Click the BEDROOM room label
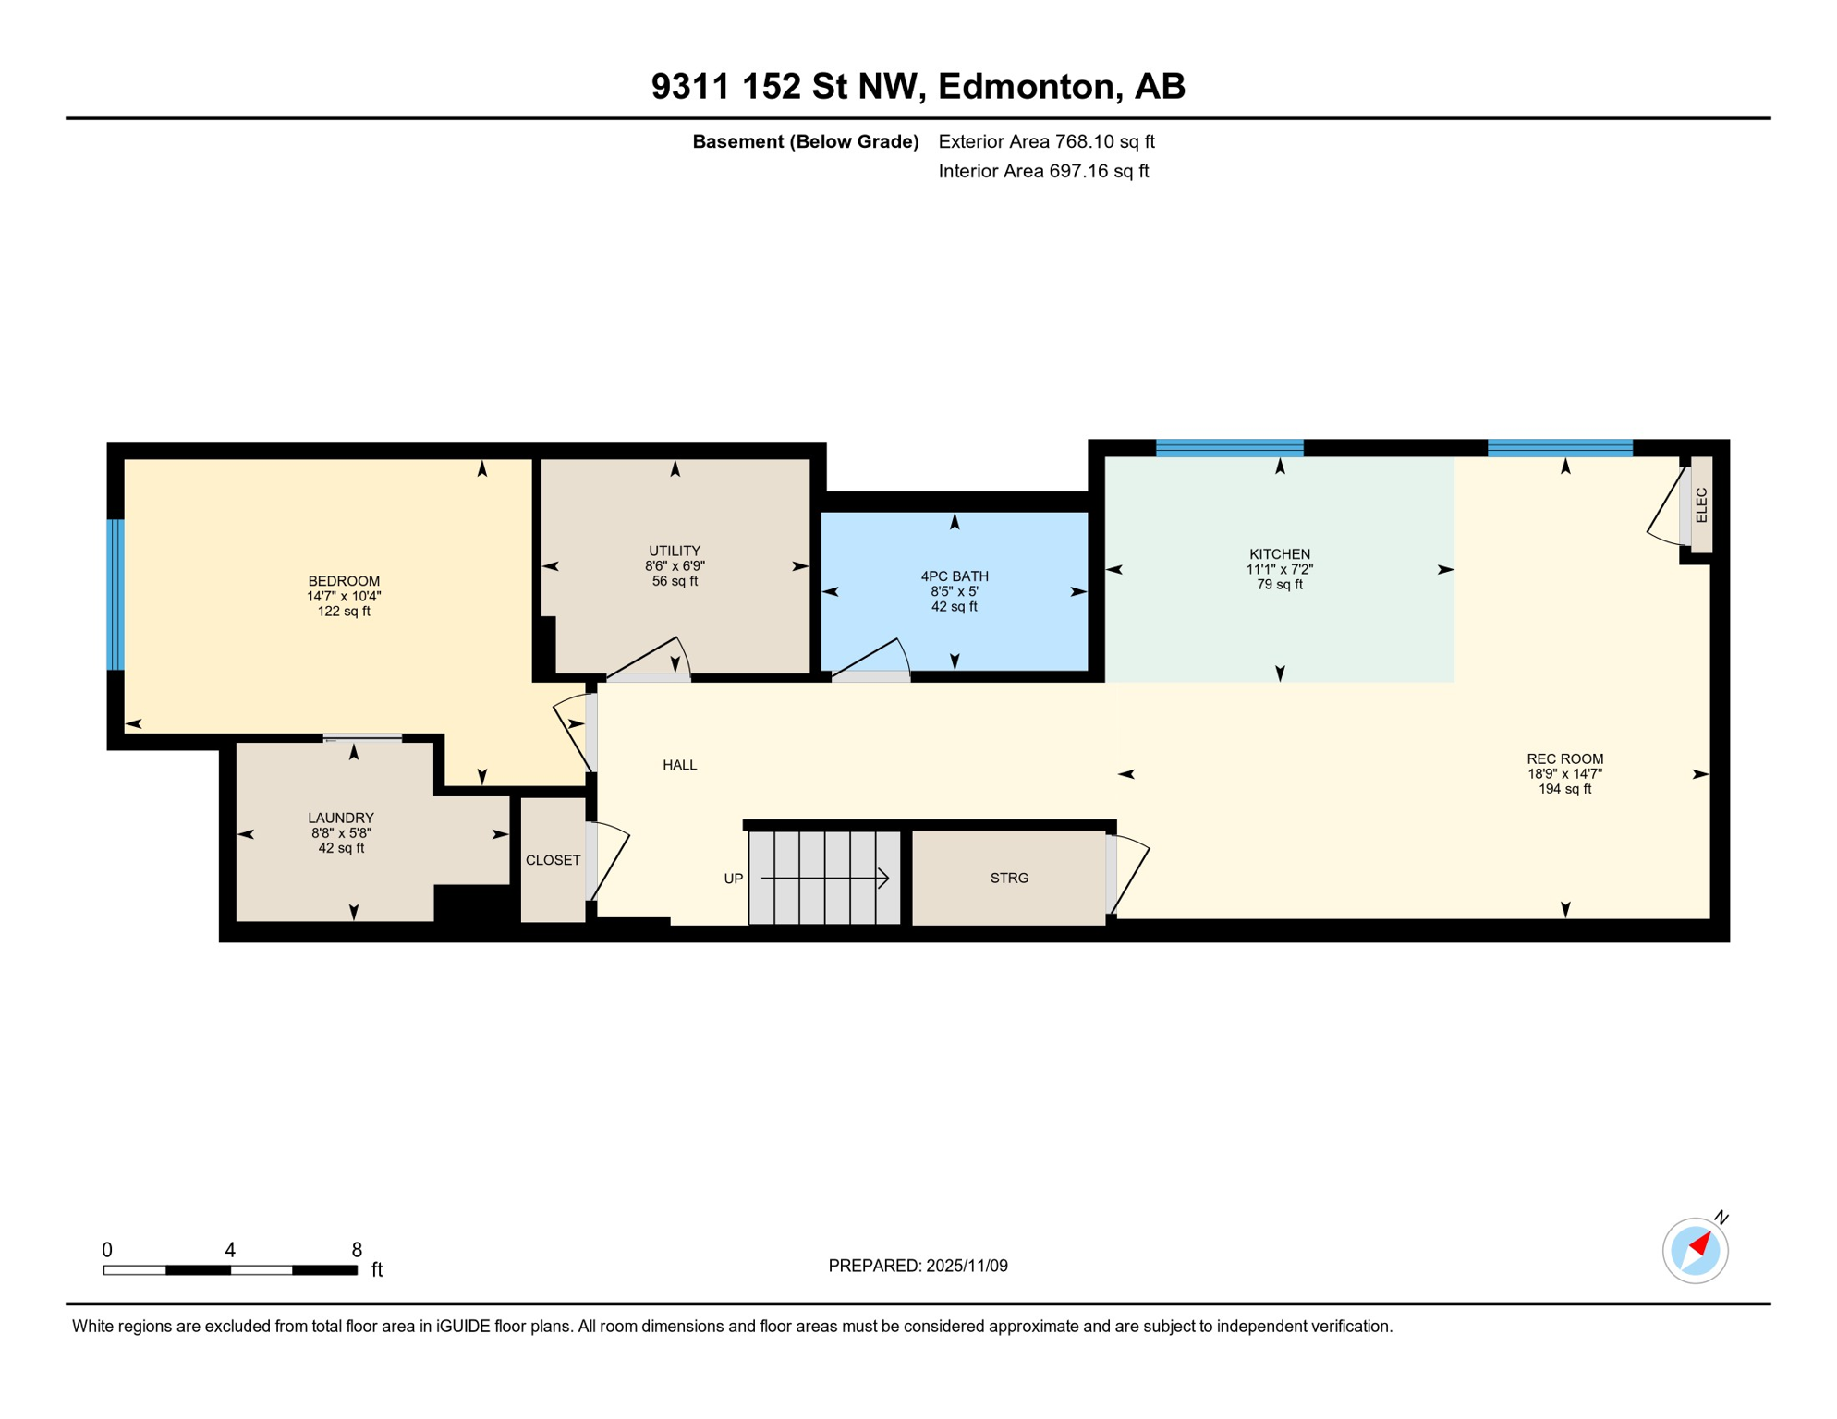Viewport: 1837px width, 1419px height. pos(344,581)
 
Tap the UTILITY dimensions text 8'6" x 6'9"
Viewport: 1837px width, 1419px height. pos(675,565)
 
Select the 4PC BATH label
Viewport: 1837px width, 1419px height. pos(955,576)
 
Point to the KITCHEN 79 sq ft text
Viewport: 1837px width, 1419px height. pos(1280,585)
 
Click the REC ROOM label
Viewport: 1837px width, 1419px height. pos(1564,759)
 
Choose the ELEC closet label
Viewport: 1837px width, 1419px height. pos(1701,505)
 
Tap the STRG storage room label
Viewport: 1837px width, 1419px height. pos(1009,879)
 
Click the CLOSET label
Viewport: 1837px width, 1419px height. pos(553,860)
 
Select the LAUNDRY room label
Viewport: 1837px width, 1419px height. pos(341,818)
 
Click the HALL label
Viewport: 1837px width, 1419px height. pos(679,765)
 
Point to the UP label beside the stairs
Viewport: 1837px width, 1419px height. pos(733,879)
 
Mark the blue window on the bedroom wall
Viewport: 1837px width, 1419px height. pos(116,594)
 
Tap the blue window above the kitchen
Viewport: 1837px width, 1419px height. pos(1229,448)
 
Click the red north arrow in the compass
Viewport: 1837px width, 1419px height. pos(1700,1244)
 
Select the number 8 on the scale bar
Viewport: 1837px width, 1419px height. pos(357,1250)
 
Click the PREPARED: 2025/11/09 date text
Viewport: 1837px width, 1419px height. pos(918,1266)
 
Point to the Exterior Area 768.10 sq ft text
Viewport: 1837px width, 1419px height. pos(1046,141)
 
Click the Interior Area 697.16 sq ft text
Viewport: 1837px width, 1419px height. pos(1043,171)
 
